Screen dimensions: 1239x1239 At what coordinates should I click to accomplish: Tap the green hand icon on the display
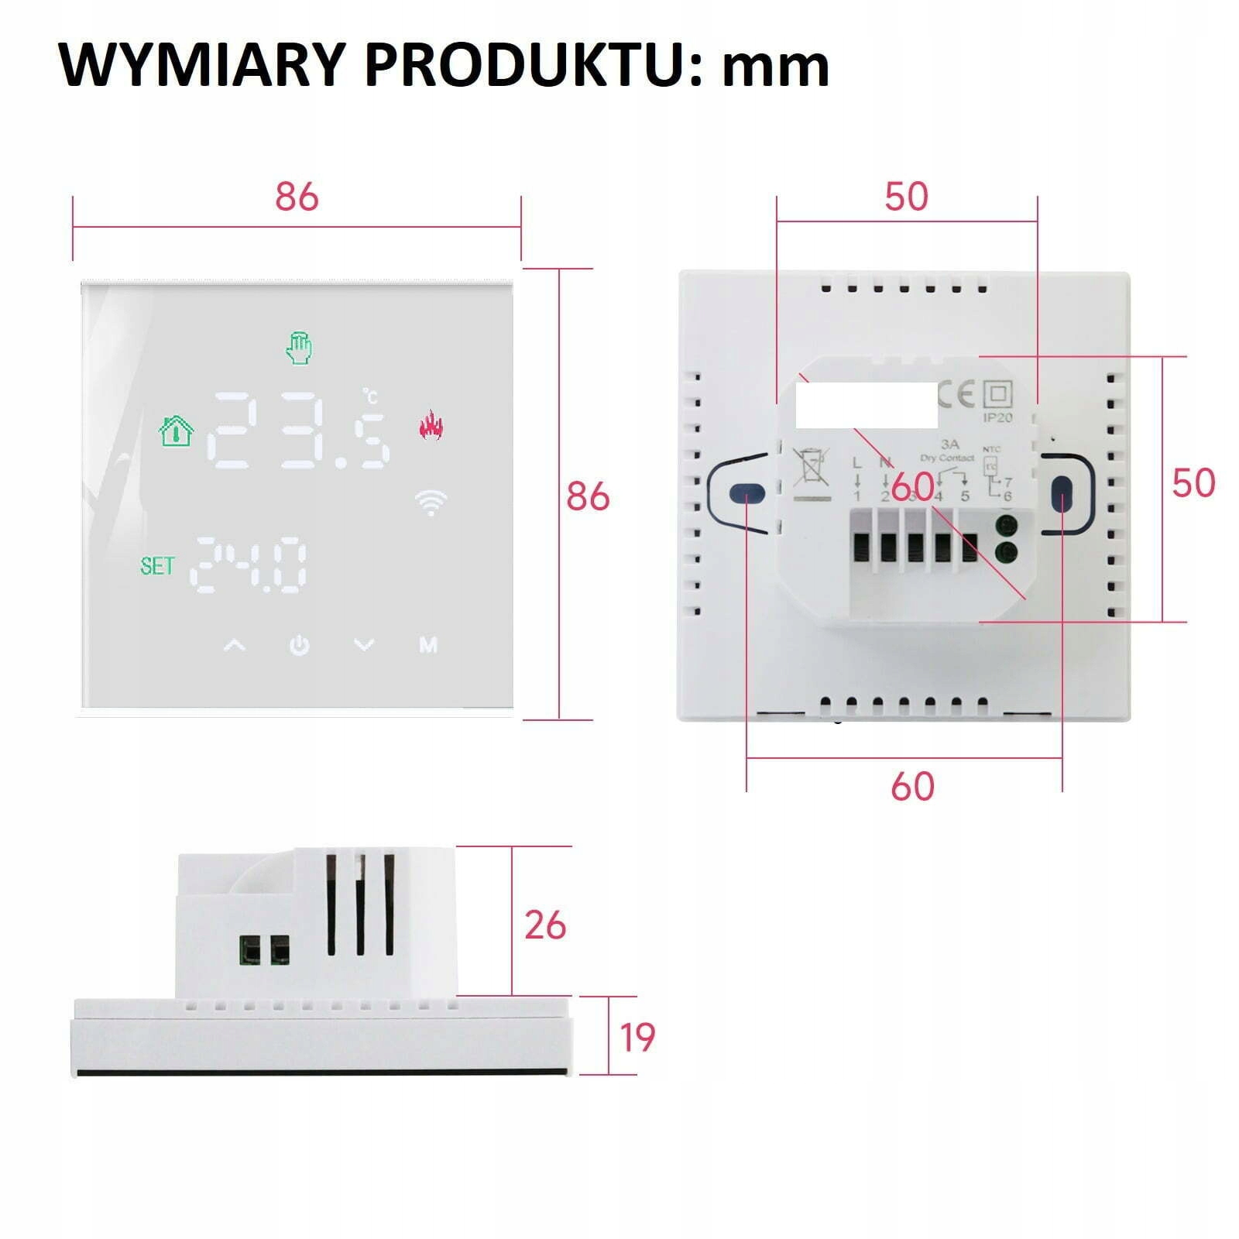click(299, 348)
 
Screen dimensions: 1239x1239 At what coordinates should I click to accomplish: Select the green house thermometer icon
click(176, 431)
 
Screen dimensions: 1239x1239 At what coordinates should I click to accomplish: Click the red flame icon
click(431, 424)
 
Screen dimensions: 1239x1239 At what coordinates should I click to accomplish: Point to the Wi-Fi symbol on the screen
click(431, 503)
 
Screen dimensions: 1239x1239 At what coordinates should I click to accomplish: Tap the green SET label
click(157, 566)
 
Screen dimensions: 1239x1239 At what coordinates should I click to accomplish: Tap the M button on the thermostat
click(428, 644)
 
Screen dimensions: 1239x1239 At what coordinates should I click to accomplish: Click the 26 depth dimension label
click(545, 925)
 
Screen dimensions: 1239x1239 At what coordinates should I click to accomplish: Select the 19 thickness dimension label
click(637, 1037)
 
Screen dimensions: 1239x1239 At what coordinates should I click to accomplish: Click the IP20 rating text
click(997, 417)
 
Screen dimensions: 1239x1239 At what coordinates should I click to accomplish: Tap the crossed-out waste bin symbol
click(811, 467)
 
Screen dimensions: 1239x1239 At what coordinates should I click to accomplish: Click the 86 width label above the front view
click(297, 197)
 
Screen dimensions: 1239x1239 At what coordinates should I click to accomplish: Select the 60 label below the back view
click(912, 786)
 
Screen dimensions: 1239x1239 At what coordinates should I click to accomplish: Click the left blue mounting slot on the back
click(746, 493)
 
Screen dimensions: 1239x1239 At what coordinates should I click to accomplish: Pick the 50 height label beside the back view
click(1193, 482)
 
